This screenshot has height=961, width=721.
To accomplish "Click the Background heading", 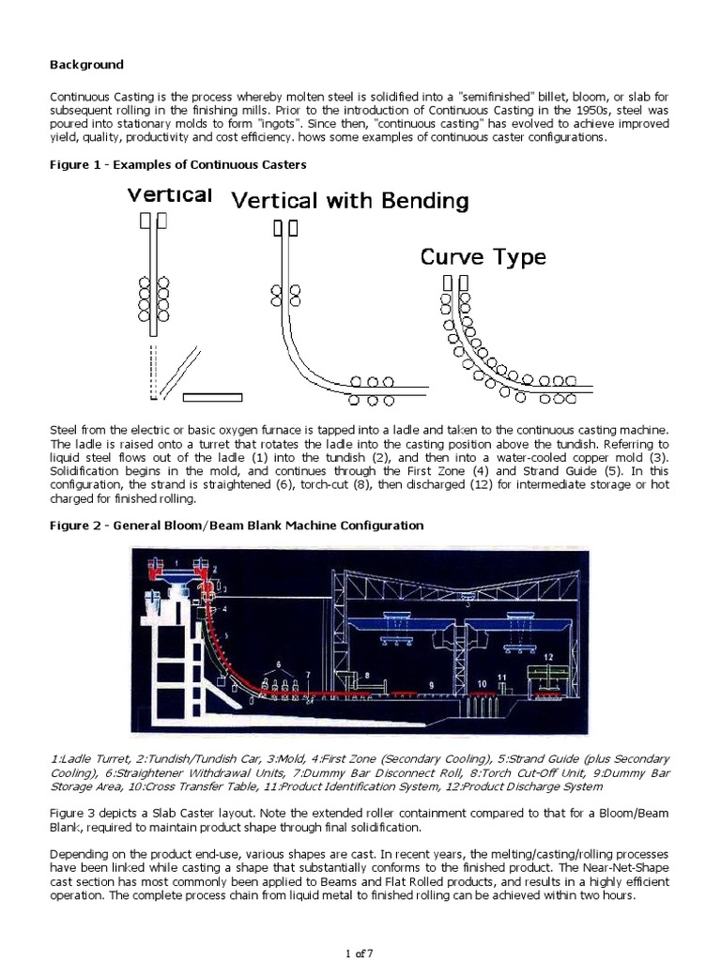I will point(85,65).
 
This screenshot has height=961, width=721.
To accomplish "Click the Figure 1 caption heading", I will point(178,164).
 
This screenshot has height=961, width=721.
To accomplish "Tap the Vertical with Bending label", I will point(350,201).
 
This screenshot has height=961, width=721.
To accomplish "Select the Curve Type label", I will point(482,257).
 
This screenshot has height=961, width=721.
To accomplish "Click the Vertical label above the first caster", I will point(169,195).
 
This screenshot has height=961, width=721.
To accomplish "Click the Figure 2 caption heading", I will point(236,526).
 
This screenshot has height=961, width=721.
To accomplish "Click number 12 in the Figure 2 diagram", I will point(547,655).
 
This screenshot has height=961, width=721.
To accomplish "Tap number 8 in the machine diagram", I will point(367,674).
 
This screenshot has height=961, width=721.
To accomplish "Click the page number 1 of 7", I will point(360,953).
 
